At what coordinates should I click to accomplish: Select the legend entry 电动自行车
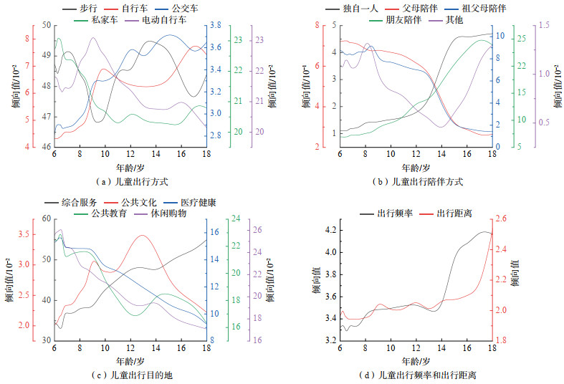(159, 21)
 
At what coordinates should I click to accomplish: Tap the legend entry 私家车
(104, 21)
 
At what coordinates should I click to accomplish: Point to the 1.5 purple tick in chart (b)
(543, 25)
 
